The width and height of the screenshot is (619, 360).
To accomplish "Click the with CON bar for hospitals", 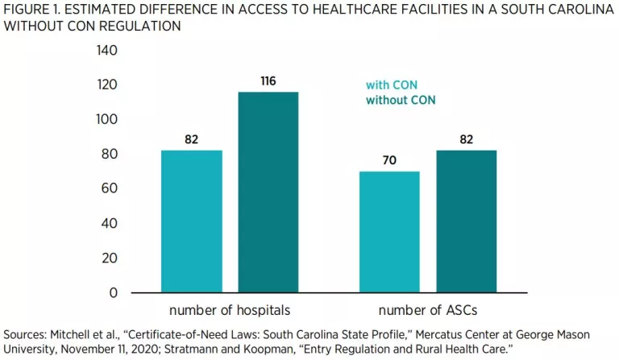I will point(192,221).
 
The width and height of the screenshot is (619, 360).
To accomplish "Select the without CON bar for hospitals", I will point(268,192).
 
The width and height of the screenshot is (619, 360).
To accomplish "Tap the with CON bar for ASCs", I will point(389,232).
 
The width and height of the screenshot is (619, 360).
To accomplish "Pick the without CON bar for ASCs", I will point(466,221).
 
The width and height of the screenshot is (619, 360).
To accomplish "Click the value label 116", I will point(268,81).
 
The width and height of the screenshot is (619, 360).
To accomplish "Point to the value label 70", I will point(389,160).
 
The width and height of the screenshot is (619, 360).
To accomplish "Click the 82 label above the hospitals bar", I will point(192,139).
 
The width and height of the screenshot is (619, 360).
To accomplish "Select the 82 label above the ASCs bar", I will point(466,139).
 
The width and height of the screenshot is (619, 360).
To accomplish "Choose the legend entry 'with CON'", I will point(392,85).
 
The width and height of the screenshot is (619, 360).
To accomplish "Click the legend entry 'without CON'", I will point(400,101).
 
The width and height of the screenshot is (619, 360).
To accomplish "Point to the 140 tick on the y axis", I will point(106,51).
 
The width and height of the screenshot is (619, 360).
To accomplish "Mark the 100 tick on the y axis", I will point(106,119).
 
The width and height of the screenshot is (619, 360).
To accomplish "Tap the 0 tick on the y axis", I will point(113,292).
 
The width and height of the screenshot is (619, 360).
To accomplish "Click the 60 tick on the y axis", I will point(109,188).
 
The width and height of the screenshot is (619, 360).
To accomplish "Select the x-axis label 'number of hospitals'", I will point(230,310).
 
